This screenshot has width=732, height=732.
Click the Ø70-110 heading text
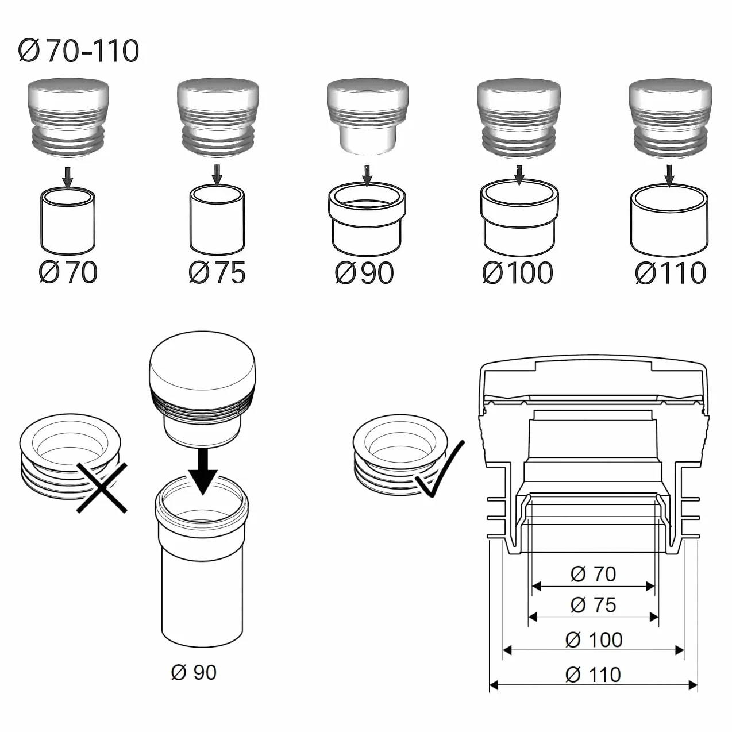point(79,51)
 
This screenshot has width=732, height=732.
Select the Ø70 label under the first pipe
point(68,272)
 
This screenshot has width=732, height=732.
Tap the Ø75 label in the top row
point(217,272)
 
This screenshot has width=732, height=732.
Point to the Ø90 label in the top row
point(364,272)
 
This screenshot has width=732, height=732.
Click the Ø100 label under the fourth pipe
point(517,272)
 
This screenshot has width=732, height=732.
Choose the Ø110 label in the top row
point(671,272)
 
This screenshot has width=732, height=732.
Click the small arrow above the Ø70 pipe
point(68,177)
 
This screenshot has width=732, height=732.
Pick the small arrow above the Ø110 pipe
point(670,175)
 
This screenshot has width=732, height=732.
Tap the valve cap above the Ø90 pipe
point(368,117)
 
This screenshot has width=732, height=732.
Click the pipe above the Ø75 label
point(217,219)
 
